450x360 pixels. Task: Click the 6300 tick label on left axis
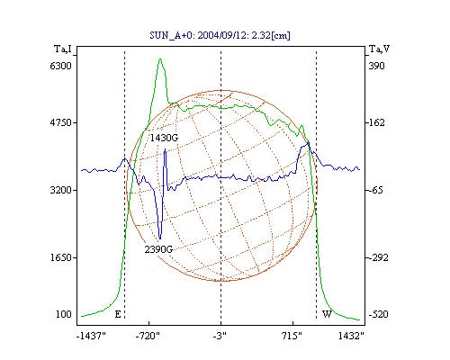(60, 66)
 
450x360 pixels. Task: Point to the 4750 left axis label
(60, 122)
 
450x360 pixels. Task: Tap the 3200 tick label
(60, 190)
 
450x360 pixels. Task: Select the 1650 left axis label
(61, 257)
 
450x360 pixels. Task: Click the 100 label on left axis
(64, 314)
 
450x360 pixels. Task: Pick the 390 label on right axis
(376, 66)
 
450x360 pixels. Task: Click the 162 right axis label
(376, 122)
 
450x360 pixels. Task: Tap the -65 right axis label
(376, 190)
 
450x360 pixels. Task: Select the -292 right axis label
(378, 257)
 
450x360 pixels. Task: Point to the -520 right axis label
(378, 314)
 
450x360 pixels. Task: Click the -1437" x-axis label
(91, 336)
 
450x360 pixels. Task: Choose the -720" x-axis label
(148, 336)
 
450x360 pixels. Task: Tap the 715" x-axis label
(292, 336)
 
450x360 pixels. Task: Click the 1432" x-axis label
(351, 336)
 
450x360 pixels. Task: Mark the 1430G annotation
(164, 138)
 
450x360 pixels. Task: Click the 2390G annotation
(158, 249)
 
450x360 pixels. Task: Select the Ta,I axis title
(63, 49)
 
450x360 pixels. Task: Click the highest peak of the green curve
(160, 58)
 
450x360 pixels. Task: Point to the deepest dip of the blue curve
(160, 238)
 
